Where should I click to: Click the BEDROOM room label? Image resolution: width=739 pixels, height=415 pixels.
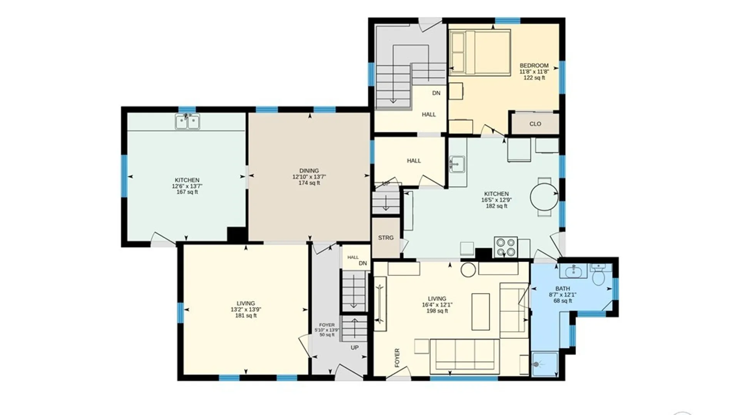point(534,66)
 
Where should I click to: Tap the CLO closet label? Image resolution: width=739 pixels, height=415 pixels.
point(535,124)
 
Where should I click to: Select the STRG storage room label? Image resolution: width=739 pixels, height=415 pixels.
point(386,238)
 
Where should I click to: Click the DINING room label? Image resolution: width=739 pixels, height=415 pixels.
point(309,171)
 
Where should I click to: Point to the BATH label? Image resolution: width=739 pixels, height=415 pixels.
point(563,289)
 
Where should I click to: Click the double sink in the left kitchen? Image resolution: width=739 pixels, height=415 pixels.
point(187,121)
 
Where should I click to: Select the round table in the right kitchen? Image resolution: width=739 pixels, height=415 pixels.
point(544,197)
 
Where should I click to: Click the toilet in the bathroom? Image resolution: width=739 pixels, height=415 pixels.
point(599,273)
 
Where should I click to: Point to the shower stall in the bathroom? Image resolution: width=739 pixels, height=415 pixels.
point(545,364)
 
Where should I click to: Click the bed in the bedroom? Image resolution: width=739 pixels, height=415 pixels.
point(480,52)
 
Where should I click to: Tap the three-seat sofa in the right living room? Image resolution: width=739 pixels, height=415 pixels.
point(465,356)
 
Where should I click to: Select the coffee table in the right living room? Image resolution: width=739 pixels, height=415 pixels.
point(481,312)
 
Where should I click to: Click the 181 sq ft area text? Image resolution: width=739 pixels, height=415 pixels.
point(246,315)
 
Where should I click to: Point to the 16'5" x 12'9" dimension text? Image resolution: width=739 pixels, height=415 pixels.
point(497,200)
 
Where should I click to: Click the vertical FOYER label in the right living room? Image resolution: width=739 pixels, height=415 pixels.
point(397,358)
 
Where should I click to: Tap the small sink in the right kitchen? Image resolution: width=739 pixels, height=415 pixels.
point(457,164)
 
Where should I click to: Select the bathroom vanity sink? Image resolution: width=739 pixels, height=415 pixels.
point(573,271)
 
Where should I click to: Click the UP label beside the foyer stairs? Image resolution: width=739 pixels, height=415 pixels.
point(354,347)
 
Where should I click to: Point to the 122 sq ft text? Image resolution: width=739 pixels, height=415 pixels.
point(534,78)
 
